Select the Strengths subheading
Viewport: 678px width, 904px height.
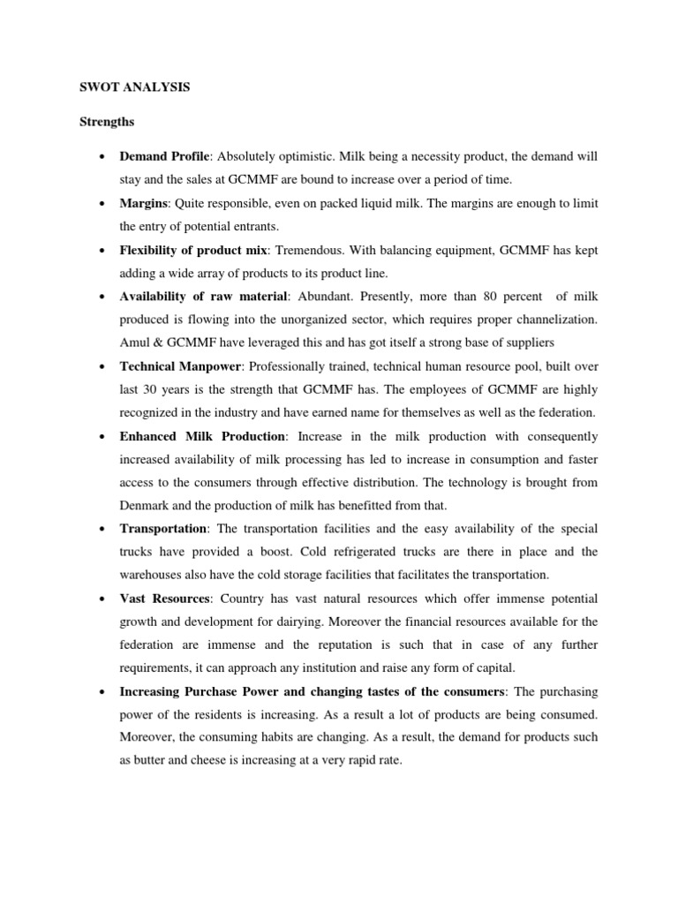coord(108,121)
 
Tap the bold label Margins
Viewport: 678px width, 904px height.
coord(144,203)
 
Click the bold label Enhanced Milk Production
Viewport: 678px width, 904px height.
coord(202,436)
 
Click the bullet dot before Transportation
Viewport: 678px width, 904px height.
coord(104,528)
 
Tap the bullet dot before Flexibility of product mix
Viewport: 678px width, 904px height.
coord(104,250)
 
